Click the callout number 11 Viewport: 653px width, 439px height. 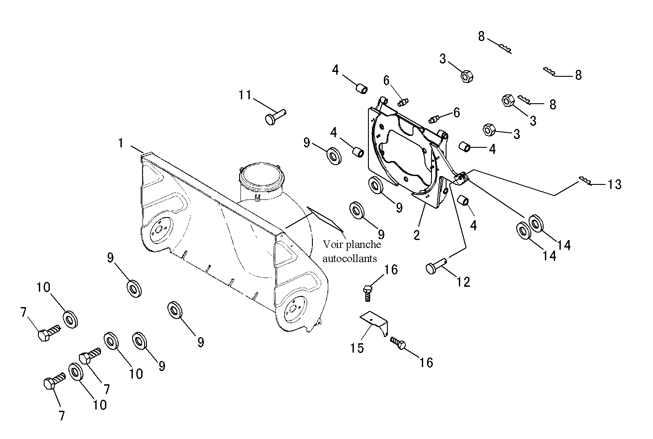245,95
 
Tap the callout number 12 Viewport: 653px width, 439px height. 463,282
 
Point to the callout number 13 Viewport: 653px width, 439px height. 614,184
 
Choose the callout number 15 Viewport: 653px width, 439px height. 357,348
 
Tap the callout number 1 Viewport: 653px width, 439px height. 121,143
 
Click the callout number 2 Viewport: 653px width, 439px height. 417,235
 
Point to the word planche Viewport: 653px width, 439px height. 363,245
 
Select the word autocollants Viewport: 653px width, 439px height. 349,259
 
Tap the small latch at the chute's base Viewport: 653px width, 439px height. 257,198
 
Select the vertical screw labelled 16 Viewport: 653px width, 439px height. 368,293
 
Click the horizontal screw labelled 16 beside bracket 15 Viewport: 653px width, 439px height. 398,343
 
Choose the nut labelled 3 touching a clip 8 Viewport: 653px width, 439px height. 508,101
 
